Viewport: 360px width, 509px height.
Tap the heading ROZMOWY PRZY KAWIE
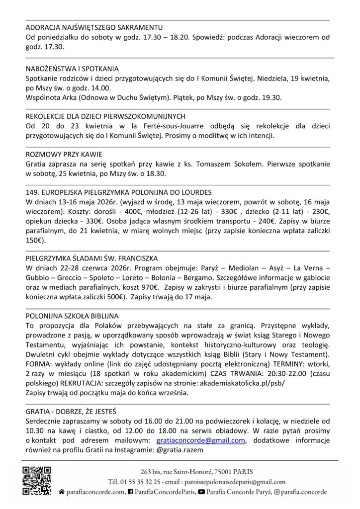click(60, 155)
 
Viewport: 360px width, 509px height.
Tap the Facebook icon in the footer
click(130, 492)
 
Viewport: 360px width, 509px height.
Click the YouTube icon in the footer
click(201, 492)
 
